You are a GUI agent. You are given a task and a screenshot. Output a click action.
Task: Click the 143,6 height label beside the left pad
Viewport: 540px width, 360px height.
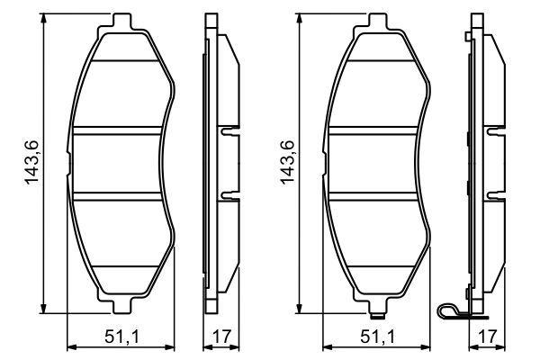[x=32, y=163]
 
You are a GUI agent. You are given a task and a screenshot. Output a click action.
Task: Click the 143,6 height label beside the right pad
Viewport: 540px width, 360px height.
[x=288, y=163]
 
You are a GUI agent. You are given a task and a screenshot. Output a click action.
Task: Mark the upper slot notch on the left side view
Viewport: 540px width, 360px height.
[x=228, y=130]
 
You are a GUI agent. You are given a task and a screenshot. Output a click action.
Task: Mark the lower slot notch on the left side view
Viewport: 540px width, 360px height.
[x=228, y=194]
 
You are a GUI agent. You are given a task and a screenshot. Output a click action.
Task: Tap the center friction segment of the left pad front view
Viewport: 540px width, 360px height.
[x=121, y=163]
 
